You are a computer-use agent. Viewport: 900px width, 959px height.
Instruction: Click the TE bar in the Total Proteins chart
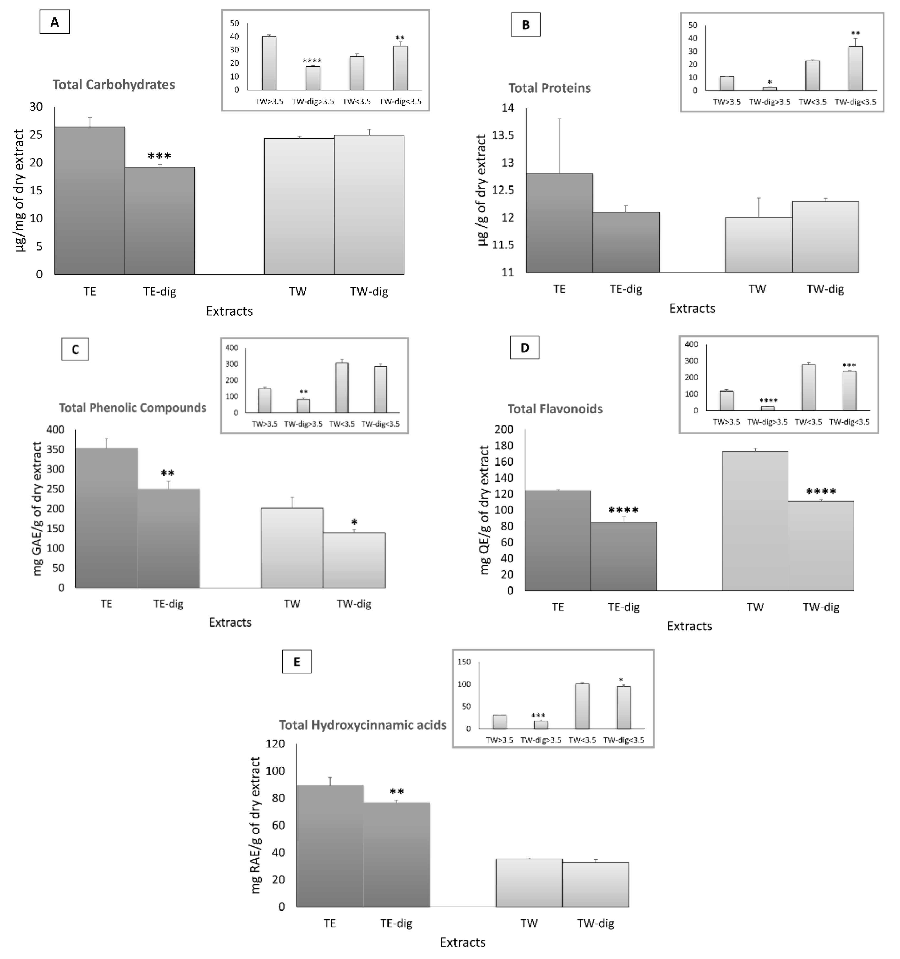559,223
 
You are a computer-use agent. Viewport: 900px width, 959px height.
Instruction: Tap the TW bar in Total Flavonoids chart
755,521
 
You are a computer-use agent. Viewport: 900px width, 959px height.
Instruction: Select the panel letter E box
296,661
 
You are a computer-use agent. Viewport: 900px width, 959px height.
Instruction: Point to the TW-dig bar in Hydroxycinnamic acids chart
595,884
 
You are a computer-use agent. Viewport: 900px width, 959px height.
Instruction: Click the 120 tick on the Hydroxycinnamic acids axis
275,744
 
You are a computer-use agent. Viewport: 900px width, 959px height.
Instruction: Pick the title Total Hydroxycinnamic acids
362,725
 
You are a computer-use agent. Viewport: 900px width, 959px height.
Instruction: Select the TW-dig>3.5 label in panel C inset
303,424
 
